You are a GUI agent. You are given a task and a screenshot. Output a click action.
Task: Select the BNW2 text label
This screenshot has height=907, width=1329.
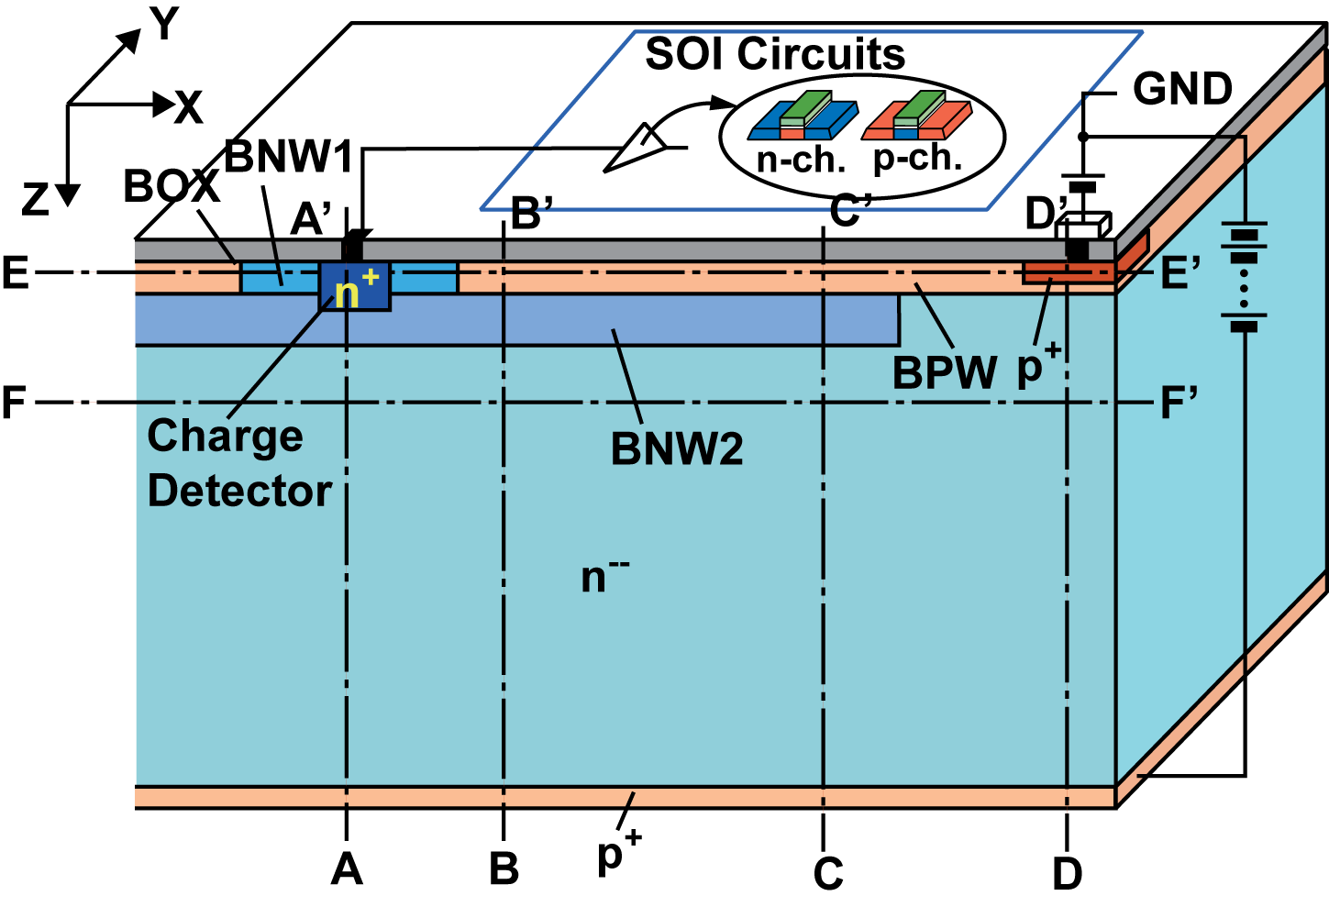click(677, 449)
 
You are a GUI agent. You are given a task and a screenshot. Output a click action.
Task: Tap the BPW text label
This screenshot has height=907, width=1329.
click(945, 374)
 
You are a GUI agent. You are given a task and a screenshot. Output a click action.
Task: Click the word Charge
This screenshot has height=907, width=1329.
click(225, 436)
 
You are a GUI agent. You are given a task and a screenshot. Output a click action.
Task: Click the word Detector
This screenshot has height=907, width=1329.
click(238, 491)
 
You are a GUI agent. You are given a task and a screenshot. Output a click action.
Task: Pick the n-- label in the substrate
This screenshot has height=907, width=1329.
click(604, 577)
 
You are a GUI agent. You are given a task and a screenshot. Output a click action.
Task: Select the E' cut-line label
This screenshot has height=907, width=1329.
click(1179, 273)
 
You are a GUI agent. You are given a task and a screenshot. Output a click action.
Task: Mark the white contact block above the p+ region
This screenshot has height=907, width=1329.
click(1083, 226)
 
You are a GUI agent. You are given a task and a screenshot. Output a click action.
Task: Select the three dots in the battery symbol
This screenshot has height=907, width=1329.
click(1244, 280)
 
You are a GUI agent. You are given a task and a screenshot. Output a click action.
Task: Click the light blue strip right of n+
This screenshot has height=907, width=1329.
click(424, 278)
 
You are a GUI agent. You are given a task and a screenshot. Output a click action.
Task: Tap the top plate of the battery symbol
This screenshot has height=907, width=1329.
click(1244, 224)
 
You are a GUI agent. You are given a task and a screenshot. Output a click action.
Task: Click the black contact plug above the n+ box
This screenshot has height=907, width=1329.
click(351, 250)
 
